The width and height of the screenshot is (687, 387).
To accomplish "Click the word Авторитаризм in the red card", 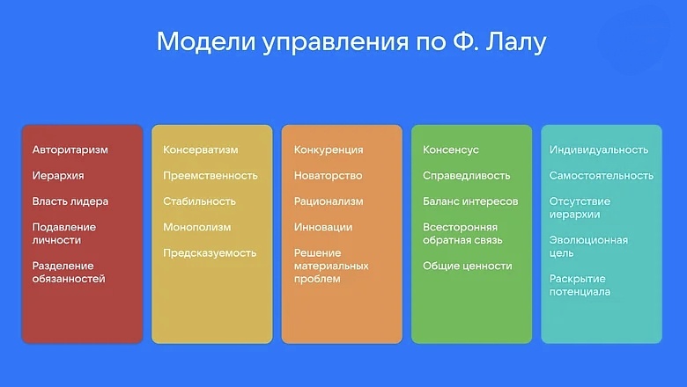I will pyautogui.click(x=70, y=150).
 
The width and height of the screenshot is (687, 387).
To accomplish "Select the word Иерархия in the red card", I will pyautogui.click(x=58, y=176).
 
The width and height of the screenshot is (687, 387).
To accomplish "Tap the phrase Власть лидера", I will pyautogui.click(x=70, y=201).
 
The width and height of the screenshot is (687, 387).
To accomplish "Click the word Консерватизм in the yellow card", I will pyautogui.click(x=202, y=150).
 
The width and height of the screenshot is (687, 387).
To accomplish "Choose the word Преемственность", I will pyautogui.click(x=211, y=176).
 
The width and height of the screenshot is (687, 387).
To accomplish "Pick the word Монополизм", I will pyautogui.click(x=197, y=227).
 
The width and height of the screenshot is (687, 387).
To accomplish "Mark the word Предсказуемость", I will pyautogui.click(x=210, y=253).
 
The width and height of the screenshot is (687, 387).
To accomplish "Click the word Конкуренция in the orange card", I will pyautogui.click(x=329, y=150).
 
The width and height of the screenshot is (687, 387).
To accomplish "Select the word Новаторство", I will pyautogui.click(x=329, y=176).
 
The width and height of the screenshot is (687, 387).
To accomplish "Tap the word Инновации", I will pyautogui.click(x=323, y=227).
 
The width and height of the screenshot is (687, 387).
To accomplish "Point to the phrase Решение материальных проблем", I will pyautogui.click(x=331, y=266).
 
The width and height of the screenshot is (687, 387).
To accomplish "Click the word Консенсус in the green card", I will pyautogui.click(x=451, y=150).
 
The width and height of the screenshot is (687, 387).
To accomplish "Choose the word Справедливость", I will pyautogui.click(x=467, y=176).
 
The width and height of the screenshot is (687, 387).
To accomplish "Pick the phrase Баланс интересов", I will pyautogui.click(x=470, y=201).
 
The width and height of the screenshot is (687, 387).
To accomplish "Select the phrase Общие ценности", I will pyautogui.click(x=467, y=266).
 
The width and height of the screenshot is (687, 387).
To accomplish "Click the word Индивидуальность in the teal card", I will pyautogui.click(x=599, y=150).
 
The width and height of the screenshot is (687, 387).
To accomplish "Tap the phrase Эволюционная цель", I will pyautogui.click(x=589, y=246).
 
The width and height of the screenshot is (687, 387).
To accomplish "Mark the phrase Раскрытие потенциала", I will pyautogui.click(x=580, y=285).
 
